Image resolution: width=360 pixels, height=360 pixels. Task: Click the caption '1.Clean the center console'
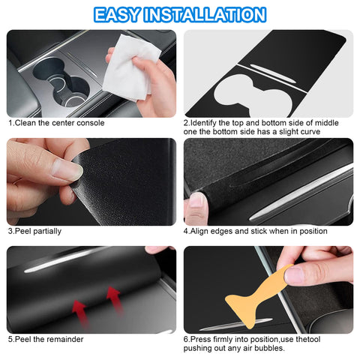(x=56, y=122)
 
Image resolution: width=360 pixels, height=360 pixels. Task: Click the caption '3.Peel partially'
(x=34, y=231)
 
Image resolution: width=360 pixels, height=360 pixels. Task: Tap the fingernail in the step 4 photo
(x=196, y=200)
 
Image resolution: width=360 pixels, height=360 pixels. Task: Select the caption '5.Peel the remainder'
(x=46, y=339)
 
